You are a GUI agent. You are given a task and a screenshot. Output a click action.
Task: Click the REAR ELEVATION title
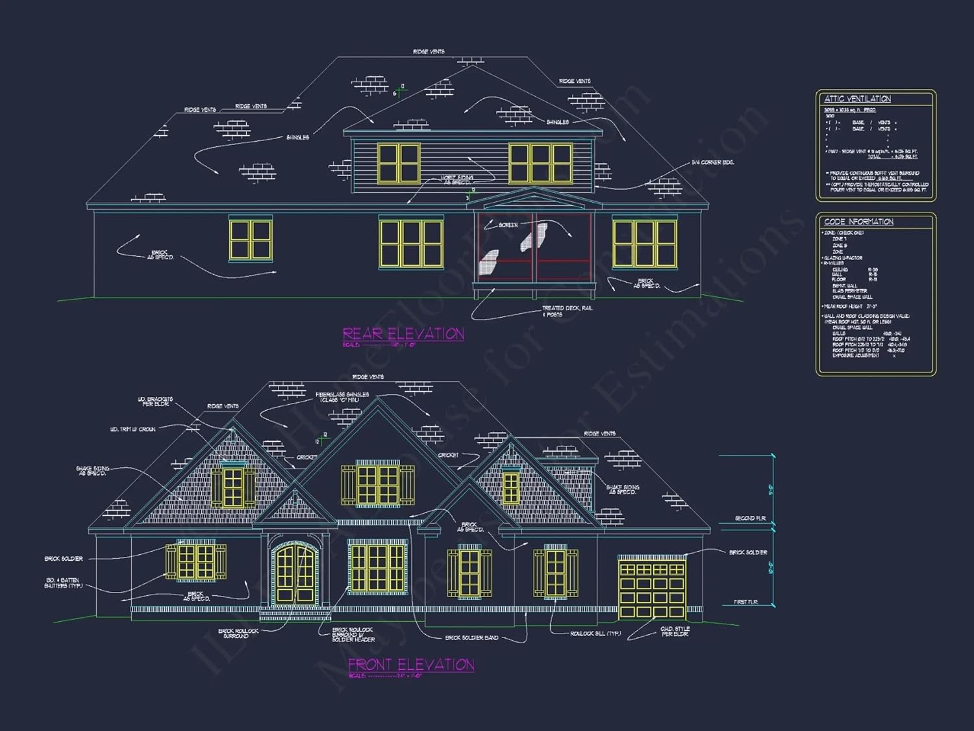click(x=403, y=334)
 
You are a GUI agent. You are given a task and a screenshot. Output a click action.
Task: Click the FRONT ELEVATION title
click(x=411, y=665)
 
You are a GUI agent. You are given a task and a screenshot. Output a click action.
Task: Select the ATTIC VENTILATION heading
click(x=857, y=99)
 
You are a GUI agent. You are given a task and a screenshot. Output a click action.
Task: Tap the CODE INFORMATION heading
click(x=858, y=222)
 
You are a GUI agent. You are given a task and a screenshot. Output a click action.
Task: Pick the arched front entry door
click(x=295, y=574)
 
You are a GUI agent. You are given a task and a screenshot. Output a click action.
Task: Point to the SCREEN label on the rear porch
click(x=508, y=225)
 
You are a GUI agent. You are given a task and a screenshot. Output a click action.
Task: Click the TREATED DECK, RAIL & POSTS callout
click(x=567, y=311)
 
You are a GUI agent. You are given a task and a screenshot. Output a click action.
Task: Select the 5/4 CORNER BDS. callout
click(x=712, y=162)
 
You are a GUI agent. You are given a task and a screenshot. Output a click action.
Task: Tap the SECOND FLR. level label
click(x=750, y=519)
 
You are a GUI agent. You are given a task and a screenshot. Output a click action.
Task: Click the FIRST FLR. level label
click(x=745, y=602)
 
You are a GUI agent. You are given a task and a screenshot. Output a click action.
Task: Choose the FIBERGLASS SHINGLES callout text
click(x=342, y=397)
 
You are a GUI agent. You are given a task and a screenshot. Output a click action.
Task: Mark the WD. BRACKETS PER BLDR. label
click(x=155, y=402)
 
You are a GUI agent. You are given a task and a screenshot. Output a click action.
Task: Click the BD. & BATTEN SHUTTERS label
click(x=62, y=583)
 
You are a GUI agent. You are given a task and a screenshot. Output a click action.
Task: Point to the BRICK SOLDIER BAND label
click(x=471, y=638)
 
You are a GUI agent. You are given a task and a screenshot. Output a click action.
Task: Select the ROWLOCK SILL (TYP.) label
click(x=595, y=634)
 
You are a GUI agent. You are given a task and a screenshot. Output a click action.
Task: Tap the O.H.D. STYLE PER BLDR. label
click(x=675, y=632)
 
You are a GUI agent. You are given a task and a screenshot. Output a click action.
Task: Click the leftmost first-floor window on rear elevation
click(x=251, y=240)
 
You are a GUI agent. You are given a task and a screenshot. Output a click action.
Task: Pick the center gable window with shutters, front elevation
click(x=377, y=485)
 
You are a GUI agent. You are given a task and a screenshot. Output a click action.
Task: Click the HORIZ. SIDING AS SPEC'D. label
click(x=457, y=180)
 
